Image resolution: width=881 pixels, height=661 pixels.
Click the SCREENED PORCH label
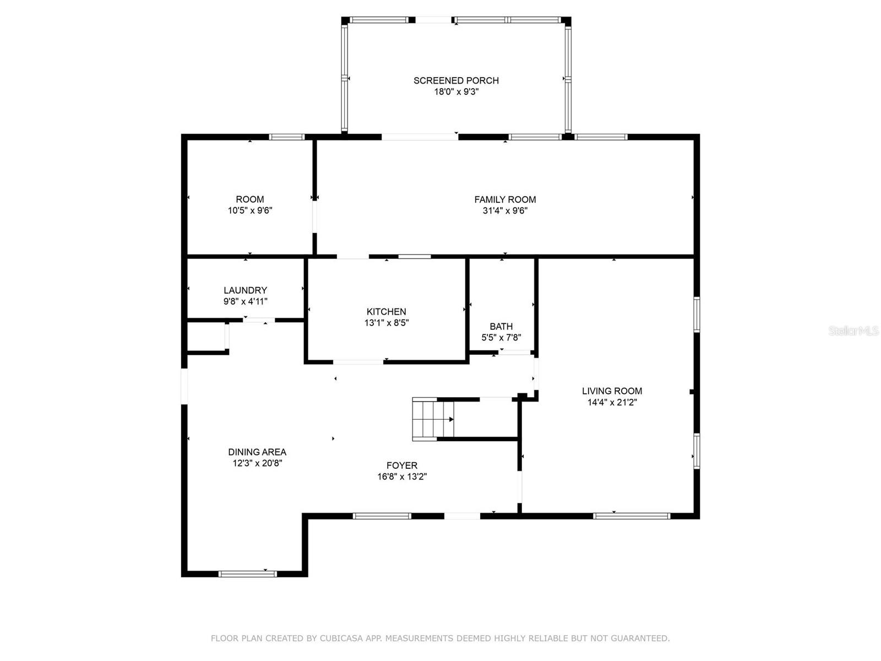click(456, 80)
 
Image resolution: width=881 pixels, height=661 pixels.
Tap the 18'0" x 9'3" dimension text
click(456, 92)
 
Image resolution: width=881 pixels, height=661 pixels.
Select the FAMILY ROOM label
click(505, 199)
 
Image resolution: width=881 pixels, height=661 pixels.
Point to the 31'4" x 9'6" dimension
click(505, 211)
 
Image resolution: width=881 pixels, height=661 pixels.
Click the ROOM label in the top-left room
click(249, 199)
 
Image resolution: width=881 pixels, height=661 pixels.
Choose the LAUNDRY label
click(245, 290)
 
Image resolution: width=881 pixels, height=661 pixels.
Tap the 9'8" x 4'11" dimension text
click(245, 301)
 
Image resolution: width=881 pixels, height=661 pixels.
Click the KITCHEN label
click(386, 312)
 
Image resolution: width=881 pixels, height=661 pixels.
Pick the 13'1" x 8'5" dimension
click(387, 323)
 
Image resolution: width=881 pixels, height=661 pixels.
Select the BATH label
click(501, 326)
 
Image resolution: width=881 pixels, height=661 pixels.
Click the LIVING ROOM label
click(612, 391)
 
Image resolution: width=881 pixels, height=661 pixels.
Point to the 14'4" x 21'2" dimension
click(612, 402)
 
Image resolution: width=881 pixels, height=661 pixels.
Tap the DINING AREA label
click(257, 452)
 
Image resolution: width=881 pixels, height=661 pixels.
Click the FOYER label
click(402, 465)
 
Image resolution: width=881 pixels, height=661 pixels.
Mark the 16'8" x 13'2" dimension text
click(402, 477)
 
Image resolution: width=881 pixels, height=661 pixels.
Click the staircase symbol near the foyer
click(433, 419)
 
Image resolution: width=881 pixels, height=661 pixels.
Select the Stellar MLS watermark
click(853, 330)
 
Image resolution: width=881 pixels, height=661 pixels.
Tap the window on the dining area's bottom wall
click(247, 574)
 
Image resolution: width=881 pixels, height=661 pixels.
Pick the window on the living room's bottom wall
click(632, 516)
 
